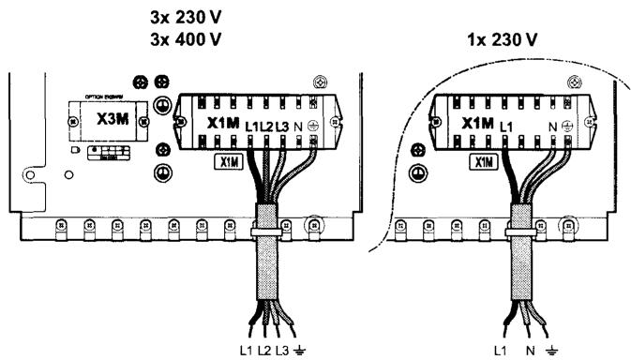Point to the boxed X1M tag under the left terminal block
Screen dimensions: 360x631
click(x=226, y=161)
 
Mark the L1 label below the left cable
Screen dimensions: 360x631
click(x=247, y=350)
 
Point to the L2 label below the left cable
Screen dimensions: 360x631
click(x=265, y=350)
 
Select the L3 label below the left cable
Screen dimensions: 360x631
click(x=283, y=350)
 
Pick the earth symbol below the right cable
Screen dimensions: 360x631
click(x=555, y=350)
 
